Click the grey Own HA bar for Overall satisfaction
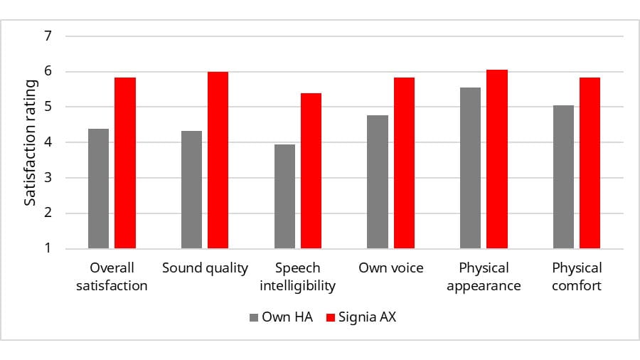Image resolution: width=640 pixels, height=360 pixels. point(98,189)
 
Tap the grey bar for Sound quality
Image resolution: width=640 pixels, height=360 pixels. point(191,190)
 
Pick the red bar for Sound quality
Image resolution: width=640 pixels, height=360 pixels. point(218,161)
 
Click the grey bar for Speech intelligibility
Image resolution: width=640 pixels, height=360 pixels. point(284,197)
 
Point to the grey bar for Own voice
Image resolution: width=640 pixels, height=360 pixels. point(378,182)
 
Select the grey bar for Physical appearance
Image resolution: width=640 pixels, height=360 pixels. point(470,169)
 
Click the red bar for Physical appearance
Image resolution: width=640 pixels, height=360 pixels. point(497,159)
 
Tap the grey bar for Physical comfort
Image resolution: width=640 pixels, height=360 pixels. point(563,177)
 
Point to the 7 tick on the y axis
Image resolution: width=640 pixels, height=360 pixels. point(48,36)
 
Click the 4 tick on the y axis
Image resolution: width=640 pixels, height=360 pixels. point(48,142)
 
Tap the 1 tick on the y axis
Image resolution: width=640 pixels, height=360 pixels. point(48,249)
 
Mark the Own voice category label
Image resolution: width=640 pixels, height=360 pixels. point(391,268)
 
